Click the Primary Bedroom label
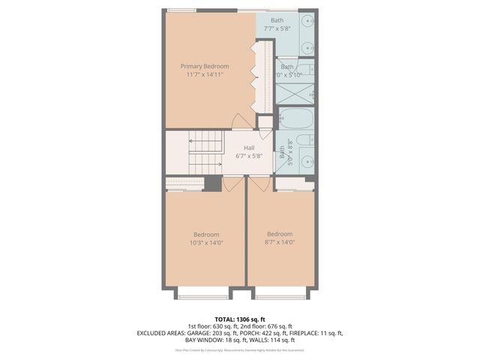(x=204, y=66)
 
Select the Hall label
(x=248, y=148)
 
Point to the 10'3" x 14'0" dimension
(x=206, y=242)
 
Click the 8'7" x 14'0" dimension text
(x=279, y=242)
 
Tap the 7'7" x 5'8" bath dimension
(x=277, y=29)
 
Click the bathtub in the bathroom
(x=295, y=119)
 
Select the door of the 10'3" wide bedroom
(x=234, y=184)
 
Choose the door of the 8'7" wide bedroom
(x=259, y=184)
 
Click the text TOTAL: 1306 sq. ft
(x=240, y=319)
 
